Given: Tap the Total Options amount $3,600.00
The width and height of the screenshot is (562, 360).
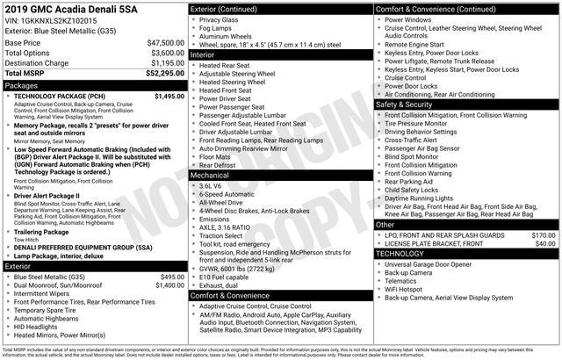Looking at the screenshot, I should [167, 53].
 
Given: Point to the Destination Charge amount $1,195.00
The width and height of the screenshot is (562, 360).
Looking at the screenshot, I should [167, 63].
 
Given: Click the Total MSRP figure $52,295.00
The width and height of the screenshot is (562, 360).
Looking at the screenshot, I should [163, 74].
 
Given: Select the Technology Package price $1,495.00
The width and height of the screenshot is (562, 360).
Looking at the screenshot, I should [169, 97].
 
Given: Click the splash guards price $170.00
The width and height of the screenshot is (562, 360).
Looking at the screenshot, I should [544, 235].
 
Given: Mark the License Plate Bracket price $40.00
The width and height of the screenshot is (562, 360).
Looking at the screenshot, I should [546, 244].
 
